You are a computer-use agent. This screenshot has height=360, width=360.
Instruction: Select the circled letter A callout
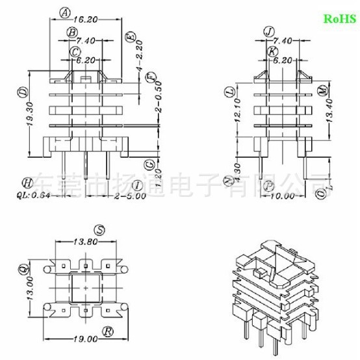(x=64, y=12)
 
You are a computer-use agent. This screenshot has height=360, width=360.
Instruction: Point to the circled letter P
(x=268, y=185)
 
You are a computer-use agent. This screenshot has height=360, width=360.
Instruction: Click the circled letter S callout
(x=99, y=229)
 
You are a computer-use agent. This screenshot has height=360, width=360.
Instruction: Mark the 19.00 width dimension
(x=86, y=339)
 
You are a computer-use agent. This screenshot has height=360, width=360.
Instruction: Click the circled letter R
(x=109, y=331)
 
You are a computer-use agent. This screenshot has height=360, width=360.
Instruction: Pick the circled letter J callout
(x=269, y=31)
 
